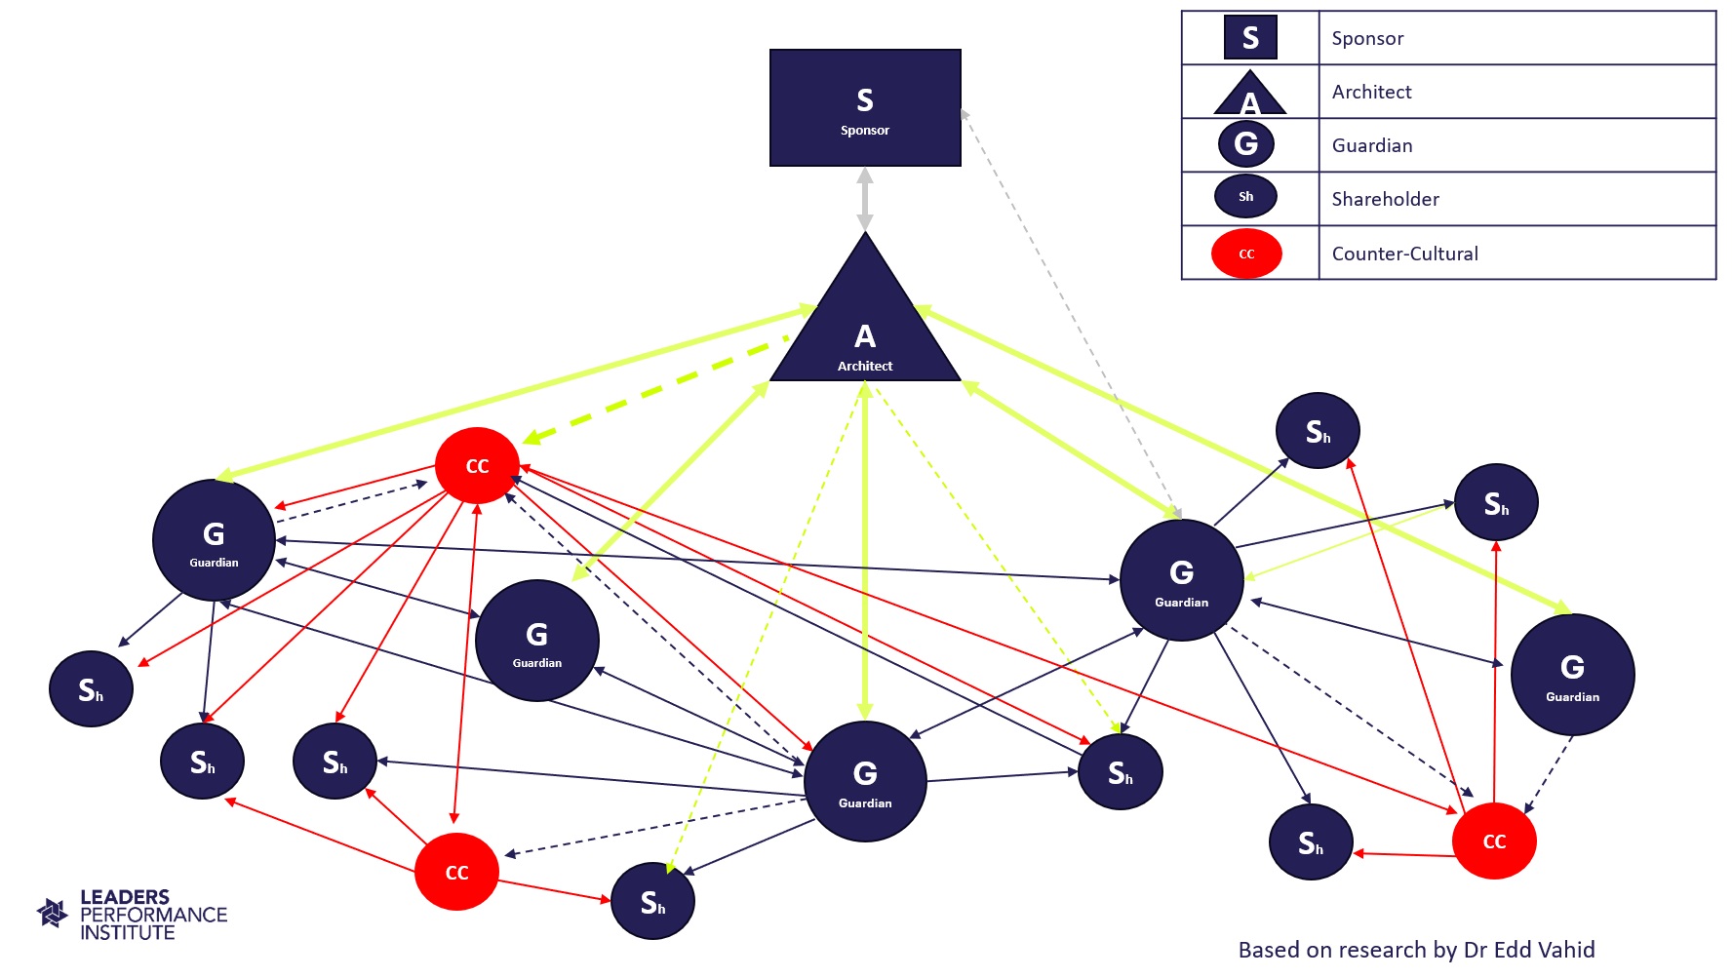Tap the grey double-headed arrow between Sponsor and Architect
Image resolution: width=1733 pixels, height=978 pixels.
tap(865, 199)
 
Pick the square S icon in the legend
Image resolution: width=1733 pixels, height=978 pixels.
tap(1250, 38)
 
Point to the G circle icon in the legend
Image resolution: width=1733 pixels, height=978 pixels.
tap(1246, 144)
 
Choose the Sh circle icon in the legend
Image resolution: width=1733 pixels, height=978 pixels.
tap(1245, 197)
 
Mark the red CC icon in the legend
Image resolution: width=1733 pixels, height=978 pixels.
tap(1246, 254)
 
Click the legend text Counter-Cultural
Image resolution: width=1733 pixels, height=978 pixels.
tap(1404, 254)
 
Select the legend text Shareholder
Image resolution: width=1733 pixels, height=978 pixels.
tap(1385, 199)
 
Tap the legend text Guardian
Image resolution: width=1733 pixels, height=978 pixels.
tap(1372, 145)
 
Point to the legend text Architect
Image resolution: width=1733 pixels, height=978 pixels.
tap(1371, 92)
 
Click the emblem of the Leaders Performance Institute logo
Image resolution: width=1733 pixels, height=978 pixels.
tap(53, 913)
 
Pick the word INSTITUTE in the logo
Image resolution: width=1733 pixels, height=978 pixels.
tap(128, 933)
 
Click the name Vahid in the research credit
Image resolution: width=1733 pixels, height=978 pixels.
tap(1564, 950)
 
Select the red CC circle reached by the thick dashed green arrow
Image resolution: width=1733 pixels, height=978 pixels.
tap(477, 466)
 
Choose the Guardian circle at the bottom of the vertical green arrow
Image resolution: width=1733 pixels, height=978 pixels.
tap(865, 781)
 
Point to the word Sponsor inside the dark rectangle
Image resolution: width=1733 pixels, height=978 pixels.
tap(865, 130)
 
